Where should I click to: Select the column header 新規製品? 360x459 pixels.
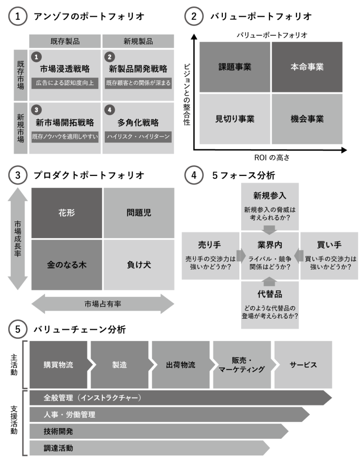[138, 41]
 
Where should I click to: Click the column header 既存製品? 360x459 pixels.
[65, 41]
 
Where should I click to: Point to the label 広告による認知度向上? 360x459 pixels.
[65, 83]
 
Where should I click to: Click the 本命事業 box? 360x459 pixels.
[307, 67]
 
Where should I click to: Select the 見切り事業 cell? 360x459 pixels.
[234, 119]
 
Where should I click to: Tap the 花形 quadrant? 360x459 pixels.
[67, 212]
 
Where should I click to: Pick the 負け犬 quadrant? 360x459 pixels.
[139, 264]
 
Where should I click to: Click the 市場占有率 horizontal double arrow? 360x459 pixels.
[103, 304]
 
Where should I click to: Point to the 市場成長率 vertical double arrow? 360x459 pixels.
[17, 238]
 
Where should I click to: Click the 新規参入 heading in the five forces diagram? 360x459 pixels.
[269, 195]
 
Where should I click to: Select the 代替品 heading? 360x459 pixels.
[269, 294]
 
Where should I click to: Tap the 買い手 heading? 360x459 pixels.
[329, 245]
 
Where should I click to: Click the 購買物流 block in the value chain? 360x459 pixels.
[59, 365]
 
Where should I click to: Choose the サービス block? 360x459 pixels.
[303, 365]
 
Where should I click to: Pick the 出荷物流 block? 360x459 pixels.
[181, 365]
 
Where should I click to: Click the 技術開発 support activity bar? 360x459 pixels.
[59, 431]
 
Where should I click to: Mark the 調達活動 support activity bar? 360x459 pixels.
[59, 447]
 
